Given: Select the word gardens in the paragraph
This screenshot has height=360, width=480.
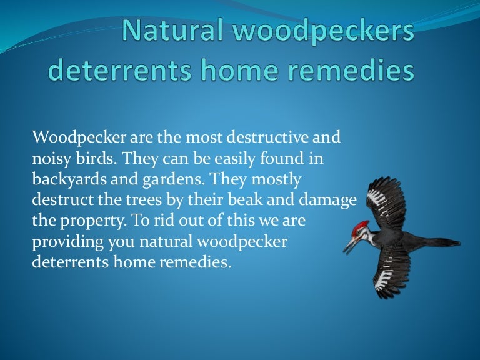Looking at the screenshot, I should [x=176, y=179].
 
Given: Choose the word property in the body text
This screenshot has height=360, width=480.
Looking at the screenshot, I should [x=82, y=221].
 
